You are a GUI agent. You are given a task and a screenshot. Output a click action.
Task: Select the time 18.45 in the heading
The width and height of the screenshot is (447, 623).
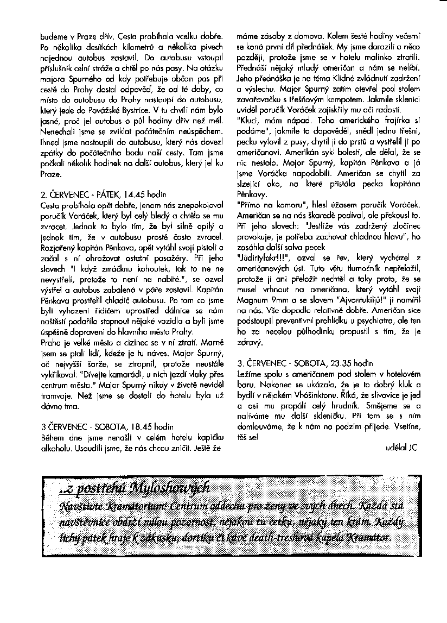[x=143, y=427]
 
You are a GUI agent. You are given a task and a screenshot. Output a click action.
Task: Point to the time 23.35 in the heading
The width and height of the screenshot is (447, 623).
[x=342, y=362]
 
